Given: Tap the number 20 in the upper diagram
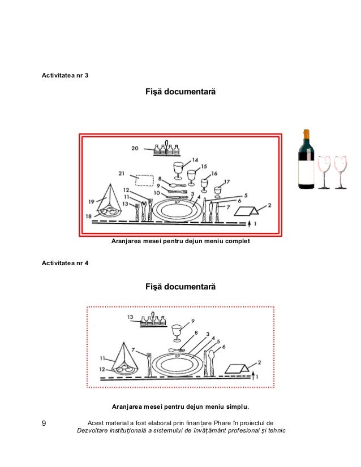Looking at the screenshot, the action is coord(135,149).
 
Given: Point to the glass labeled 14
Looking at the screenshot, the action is coord(179,169).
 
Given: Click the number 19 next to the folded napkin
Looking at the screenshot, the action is coord(91,201).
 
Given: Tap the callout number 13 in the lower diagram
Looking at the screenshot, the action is coord(130,317).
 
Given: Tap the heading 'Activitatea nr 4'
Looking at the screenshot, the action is coord(65,263).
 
